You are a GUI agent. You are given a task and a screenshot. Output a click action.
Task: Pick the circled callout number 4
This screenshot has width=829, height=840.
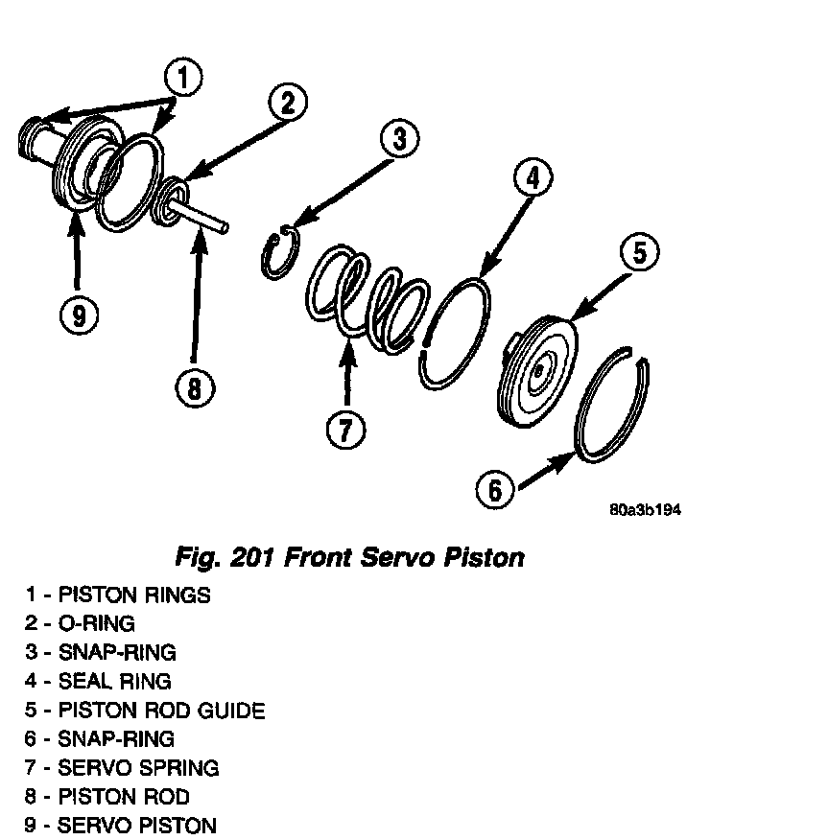(x=533, y=176)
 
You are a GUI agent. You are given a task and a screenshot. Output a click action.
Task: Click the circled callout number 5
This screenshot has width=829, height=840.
(x=640, y=253)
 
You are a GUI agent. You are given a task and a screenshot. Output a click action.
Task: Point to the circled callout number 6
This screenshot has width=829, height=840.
(x=495, y=490)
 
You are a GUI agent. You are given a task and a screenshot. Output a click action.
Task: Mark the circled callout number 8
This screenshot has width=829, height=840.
(x=195, y=387)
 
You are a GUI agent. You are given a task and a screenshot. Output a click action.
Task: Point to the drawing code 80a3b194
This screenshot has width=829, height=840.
(x=645, y=510)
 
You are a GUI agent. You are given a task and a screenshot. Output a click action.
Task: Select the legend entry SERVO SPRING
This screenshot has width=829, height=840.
(x=122, y=768)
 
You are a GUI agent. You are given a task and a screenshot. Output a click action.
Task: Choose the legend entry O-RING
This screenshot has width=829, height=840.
(x=81, y=624)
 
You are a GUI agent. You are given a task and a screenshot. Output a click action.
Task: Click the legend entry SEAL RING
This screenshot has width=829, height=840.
(x=99, y=682)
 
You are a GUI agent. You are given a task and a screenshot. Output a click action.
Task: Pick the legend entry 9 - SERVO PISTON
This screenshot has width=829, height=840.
(x=121, y=826)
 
